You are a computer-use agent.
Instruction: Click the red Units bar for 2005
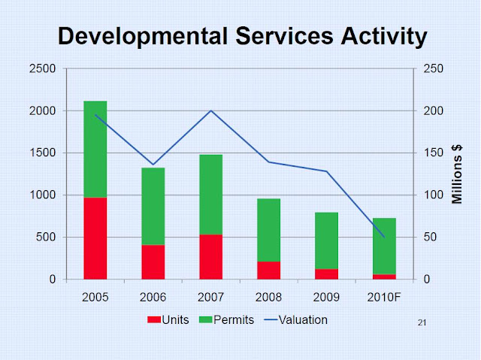click(95, 238)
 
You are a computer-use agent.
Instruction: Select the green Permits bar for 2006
click(153, 206)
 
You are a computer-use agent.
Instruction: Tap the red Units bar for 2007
click(210, 256)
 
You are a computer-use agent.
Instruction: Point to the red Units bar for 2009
click(326, 274)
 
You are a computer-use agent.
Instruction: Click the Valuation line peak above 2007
click(210, 110)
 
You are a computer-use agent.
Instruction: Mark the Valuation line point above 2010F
click(384, 237)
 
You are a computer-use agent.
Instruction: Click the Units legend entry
click(169, 319)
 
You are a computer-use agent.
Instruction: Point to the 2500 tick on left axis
click(43, 69)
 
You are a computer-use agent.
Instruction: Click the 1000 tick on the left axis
click(43, 195)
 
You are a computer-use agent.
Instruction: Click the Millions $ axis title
click(457, 174)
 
